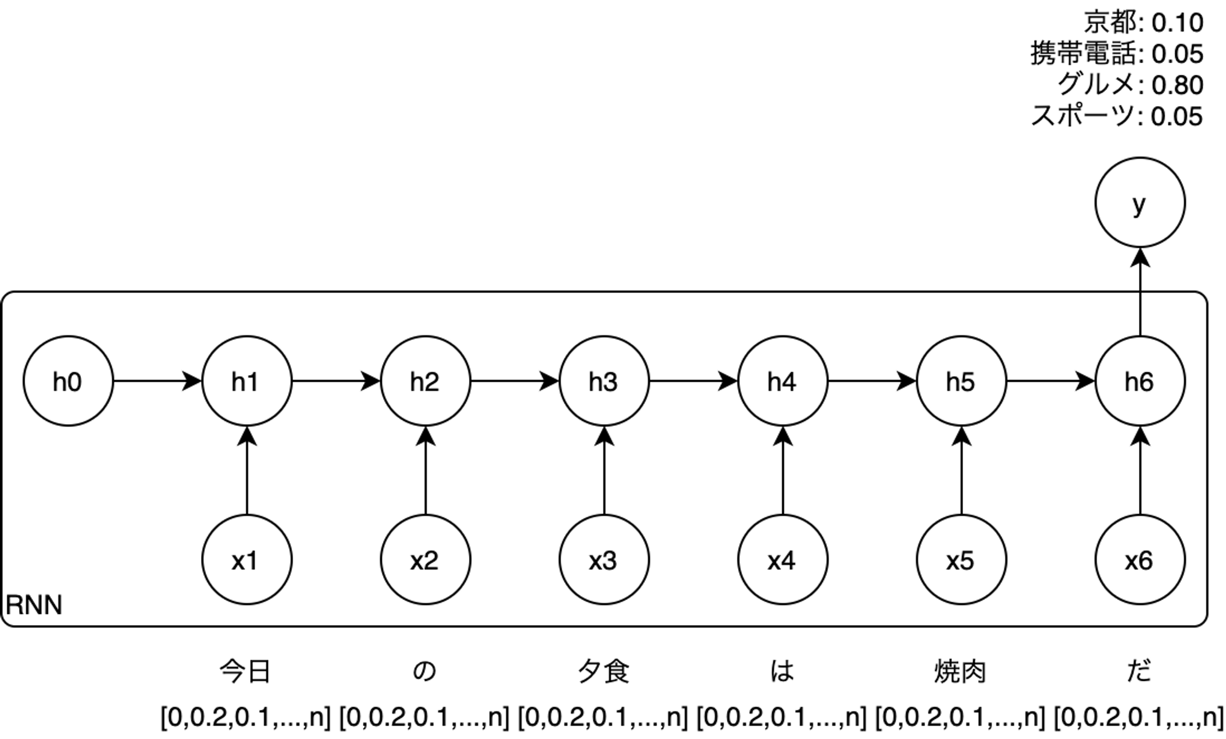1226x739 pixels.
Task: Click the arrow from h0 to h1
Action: [158, 381]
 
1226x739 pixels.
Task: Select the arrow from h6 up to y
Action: [1140, 292]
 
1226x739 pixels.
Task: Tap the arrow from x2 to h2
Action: [425, 471]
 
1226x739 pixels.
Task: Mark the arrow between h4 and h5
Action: [872, 381]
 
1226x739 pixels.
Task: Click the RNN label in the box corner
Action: [34, 605]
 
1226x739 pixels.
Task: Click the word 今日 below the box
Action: [245, 672]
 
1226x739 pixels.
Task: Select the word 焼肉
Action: [960, 672]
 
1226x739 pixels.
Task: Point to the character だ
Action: [1139, 672]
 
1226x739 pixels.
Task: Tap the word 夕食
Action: [603, 672]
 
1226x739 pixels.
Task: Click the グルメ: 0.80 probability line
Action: [1130, 85]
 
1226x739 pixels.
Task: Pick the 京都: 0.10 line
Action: [1144, 23]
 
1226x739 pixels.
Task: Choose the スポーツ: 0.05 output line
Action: [1117, 116]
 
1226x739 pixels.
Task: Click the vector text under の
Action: [424, 717]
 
